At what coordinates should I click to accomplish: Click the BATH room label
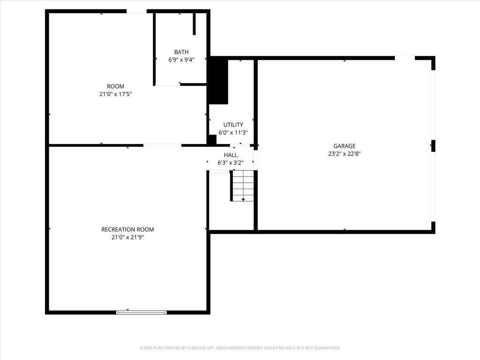coord(181,52)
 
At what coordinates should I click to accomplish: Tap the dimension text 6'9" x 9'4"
coord(181,60)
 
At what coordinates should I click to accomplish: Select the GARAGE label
coord(345,146)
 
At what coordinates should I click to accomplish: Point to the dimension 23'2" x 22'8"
coord(345,154)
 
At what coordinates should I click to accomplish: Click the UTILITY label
coord(233,125)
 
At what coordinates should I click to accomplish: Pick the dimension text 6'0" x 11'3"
coord(233,133)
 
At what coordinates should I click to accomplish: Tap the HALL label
coord(231,155)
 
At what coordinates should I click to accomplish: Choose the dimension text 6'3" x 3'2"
coord(231,163)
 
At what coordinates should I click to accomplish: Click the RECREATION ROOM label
coord(127,229)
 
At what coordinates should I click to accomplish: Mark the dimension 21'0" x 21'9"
coord(127,237)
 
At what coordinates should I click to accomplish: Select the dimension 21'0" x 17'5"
coord(115,94)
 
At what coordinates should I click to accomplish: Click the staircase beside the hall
coord(243,186)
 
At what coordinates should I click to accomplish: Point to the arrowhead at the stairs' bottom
coord(243,200)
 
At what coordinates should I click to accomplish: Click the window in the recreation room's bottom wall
coord(142,312)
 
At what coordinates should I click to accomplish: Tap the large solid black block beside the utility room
coord(218,82)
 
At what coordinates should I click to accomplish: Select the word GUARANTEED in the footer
coord(329,348)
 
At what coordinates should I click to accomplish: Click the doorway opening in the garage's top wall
coord(405,58)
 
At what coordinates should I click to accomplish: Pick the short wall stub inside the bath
coord(194,24)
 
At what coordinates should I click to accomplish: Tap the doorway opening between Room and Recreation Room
coord(162,145)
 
